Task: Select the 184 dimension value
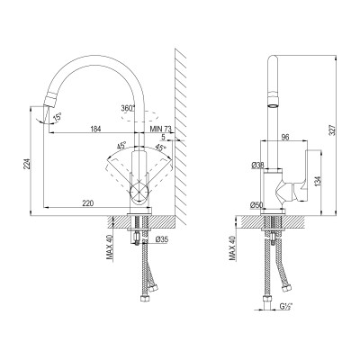94,130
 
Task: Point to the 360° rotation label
128,107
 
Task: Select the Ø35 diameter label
162,240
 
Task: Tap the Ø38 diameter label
257,165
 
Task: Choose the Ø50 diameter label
256,205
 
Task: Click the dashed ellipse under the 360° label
140,114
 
